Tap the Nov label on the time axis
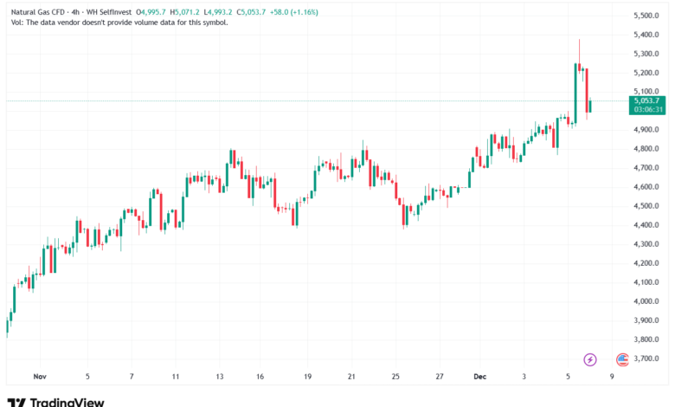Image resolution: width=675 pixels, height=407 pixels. [x=38, y=377]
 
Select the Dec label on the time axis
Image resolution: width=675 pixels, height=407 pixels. [x=481, y=377]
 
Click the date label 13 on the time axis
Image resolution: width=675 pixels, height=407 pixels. [x=221, y=377]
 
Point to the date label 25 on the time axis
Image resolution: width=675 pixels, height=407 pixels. [x=395, y=377]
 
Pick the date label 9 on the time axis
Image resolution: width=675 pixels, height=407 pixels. [x=612, y=377]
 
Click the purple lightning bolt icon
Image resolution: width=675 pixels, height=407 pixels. [x=591, y=359]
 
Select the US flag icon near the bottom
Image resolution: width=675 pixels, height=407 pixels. [x=621, y=359]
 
